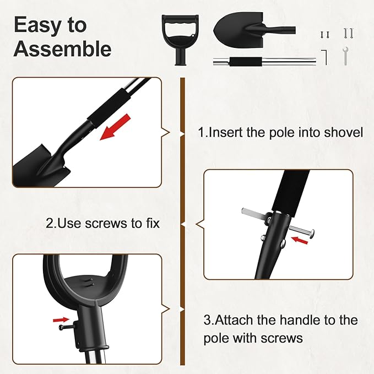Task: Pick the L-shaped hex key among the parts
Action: click(x=325, y=56)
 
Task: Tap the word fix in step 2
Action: click(x=152, y=224)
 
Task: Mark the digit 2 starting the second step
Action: click(x=50, y=224)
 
